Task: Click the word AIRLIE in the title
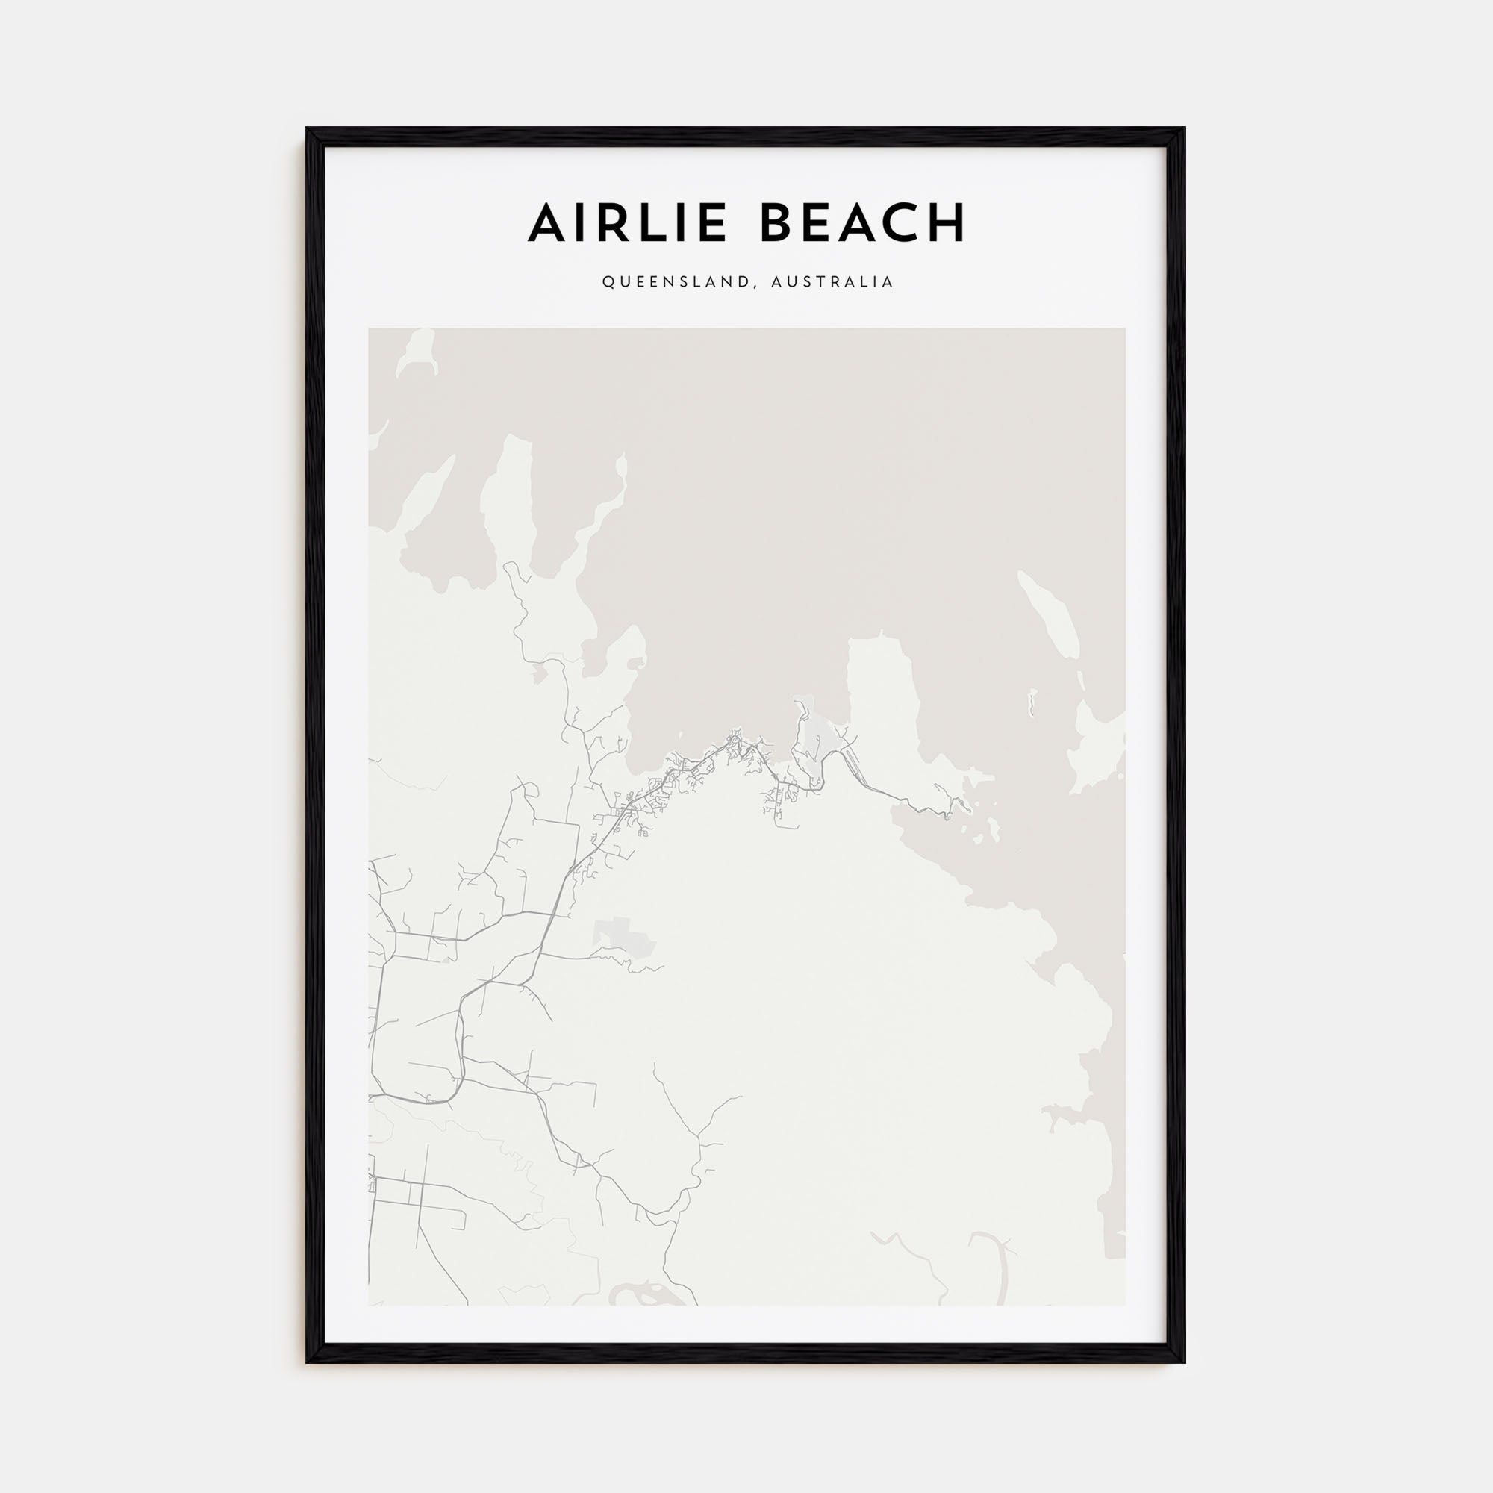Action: coord(628,222)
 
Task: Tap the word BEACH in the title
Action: coord(863,222)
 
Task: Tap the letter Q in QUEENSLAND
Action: coord(608,282)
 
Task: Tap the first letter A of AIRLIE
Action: coord(547,222)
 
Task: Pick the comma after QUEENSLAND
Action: coord(752,286)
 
